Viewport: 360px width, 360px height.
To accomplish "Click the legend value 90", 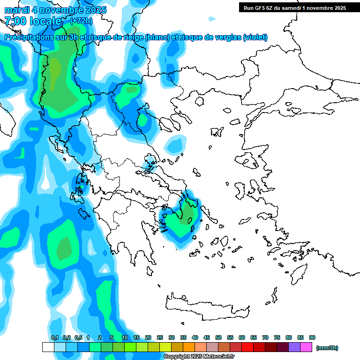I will click(x=312, y=337).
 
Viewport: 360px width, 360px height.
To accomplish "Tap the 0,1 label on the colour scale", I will click(x=55, y=337).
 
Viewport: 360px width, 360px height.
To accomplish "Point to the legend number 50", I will click(x=218, y=337).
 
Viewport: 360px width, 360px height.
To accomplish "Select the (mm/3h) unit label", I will click(x=327, y=348).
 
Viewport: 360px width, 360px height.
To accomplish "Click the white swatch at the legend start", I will click(x=48, y=347).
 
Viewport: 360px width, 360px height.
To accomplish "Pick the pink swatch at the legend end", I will click(x=307, y=347).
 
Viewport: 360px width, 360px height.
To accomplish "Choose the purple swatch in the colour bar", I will click(x=295, y=347).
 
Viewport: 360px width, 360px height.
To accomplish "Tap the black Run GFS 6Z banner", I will click(x=292, y=7).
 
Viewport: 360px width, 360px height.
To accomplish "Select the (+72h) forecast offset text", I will click(x=81, y=21).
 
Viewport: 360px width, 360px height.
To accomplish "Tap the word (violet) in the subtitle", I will click(x=255, y=37).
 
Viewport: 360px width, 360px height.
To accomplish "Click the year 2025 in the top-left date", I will click(x=94, y=10).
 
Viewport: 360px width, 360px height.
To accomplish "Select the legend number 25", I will click(x=160, y=337).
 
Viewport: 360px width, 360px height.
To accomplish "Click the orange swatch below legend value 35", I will click(x=189, y=347).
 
